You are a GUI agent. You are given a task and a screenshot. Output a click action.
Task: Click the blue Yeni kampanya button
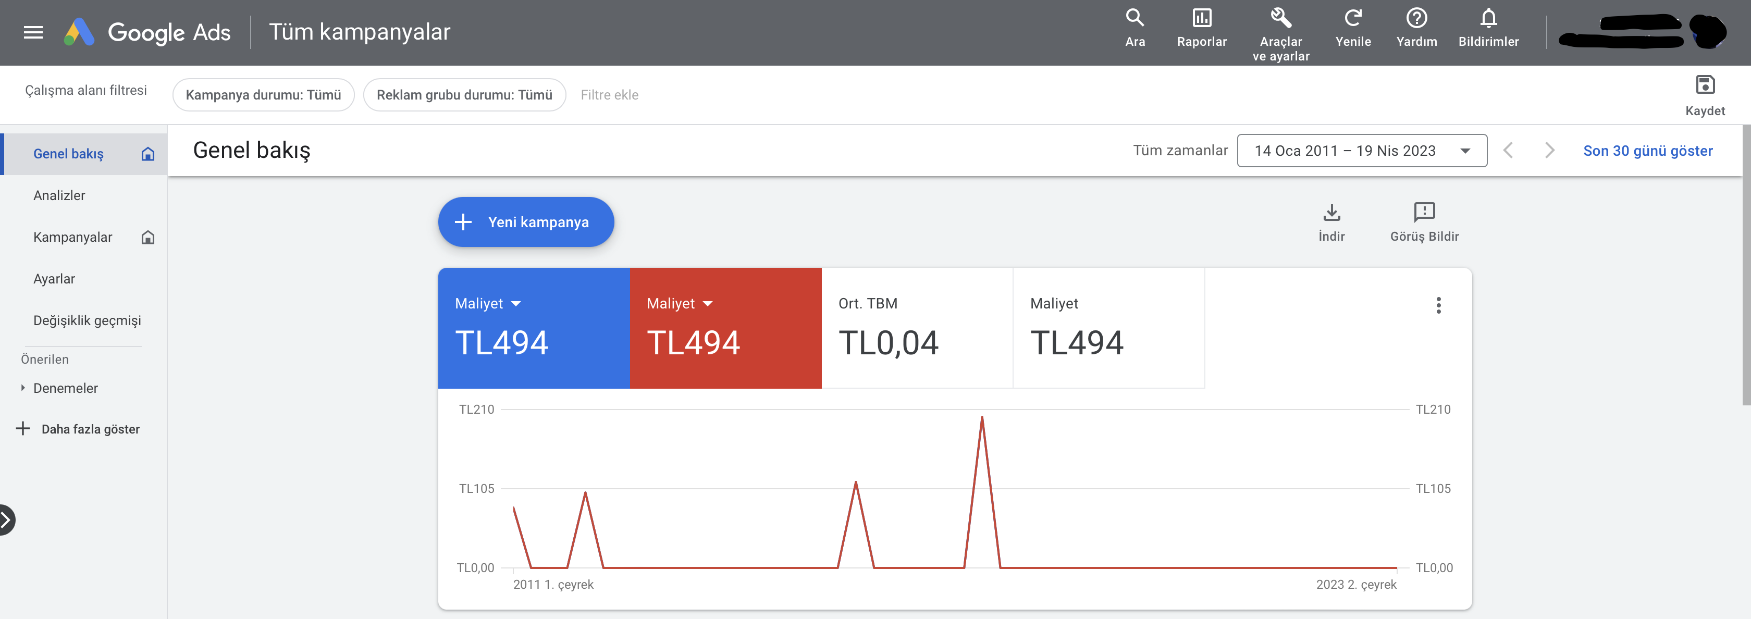pos(525,222)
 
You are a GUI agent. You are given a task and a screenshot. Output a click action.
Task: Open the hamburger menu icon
pos(33,32)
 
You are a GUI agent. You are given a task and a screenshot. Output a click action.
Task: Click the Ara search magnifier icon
pos(1135,18)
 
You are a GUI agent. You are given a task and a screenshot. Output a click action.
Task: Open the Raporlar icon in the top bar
pos(1201,18)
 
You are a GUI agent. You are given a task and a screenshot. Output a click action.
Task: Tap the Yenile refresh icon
pos(1353,18)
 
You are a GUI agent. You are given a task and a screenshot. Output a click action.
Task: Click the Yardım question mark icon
pos(1416,18)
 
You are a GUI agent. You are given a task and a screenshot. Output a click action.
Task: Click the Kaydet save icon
pos(1705,85)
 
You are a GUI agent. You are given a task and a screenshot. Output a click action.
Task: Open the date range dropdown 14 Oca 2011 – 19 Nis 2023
pos(1362,151)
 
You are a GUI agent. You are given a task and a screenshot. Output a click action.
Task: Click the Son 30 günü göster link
pos(1648,151)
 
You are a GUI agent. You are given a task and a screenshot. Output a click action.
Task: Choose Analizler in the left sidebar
pos(59,196)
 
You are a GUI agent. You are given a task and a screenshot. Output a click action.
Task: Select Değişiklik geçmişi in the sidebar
pos(87,321)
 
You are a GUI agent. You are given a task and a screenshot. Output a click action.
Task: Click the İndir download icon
pos(1331,213)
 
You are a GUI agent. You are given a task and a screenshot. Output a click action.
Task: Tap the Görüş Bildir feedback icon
pos(1424,212)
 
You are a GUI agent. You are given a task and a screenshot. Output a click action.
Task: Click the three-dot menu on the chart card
pos(1438,306)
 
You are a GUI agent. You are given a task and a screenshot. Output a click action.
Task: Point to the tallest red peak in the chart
pos(981,417)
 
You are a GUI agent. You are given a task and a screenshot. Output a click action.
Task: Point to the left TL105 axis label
pos(476,489)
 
